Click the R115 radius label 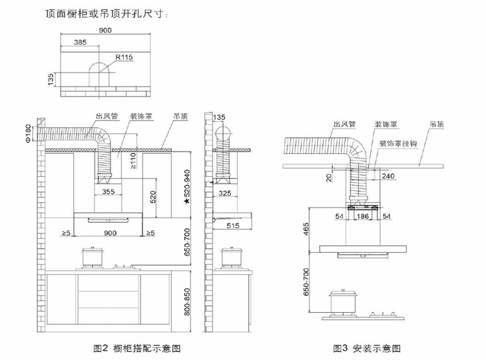pos(124,58)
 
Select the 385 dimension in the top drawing pos(80,43)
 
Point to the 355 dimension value pos(110,192)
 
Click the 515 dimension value pos(233,227)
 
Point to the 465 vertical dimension pos(308,231)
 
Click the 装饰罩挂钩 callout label pos(398,143)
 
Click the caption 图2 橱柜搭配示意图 pos(137,347)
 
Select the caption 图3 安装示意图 pos(367,347)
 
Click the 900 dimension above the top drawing pos(105,31)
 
